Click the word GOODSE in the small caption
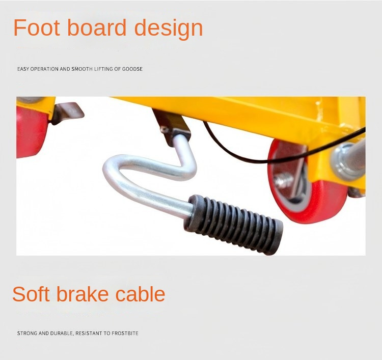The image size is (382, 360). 132,69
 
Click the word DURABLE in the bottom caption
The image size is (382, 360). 61,333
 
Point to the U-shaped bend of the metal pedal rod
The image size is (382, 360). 113,173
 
